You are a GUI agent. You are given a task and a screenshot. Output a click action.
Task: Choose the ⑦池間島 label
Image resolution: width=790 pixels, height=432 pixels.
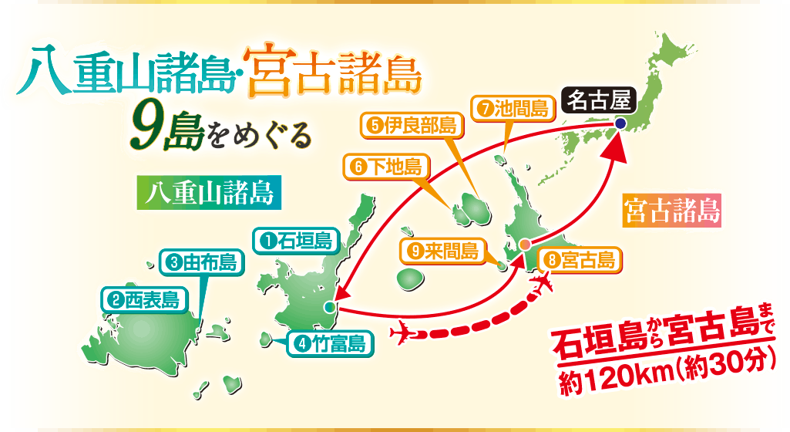512,109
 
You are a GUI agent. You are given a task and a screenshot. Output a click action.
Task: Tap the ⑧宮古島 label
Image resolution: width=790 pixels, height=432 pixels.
580,260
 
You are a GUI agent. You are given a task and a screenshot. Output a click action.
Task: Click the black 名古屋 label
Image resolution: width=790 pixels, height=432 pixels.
600,100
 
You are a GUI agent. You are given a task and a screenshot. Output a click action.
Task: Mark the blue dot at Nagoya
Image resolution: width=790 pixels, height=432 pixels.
620,123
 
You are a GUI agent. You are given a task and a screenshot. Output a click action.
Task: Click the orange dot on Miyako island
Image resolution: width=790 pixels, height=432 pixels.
524,245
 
